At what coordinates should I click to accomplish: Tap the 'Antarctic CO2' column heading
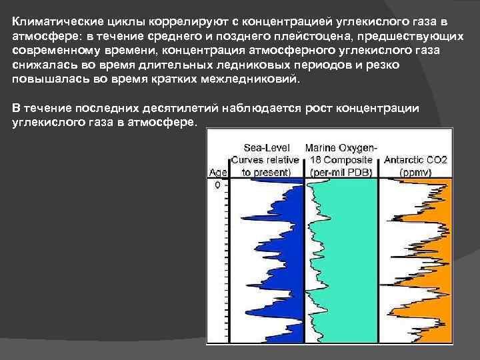[415, 160]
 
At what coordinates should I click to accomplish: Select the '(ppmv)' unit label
[415, 171]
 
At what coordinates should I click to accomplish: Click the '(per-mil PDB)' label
[341, 171]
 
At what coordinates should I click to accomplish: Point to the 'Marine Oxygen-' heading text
[341, 148]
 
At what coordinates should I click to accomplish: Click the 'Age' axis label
[218, 171]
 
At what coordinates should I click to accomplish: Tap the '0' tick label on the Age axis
[217, 186]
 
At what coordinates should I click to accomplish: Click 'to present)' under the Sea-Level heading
[266, 171]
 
